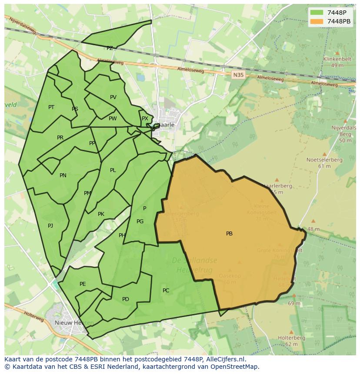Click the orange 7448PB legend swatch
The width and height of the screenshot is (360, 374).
317,21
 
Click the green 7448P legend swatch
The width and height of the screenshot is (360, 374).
317,13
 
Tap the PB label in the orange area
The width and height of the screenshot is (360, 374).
229,234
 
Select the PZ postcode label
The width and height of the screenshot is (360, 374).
110,48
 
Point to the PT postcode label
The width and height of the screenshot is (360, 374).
51,107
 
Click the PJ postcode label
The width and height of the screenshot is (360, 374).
50,225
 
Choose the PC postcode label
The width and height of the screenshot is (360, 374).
166,291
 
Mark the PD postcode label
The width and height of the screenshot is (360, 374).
126,299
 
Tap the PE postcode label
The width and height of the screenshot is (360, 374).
83,284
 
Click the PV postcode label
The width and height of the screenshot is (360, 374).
113,97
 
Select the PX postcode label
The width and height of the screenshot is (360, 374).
145,119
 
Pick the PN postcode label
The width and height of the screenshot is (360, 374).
63,175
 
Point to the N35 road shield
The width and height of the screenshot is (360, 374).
238,75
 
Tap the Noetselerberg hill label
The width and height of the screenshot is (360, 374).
324,160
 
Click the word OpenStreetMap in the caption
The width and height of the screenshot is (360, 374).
233,367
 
